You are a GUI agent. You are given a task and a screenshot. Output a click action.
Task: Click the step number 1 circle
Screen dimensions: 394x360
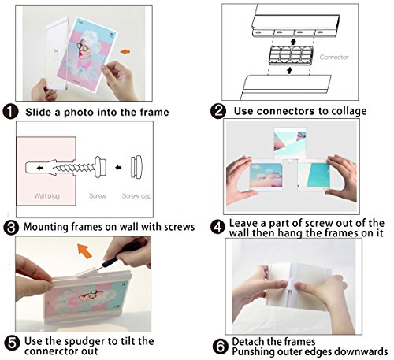pyautogui.click(x=10, y=111)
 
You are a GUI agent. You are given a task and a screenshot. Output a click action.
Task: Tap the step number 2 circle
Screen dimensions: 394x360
pyautogui.click(x=218, y=111)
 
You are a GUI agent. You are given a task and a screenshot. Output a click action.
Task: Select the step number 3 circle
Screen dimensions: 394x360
pyautogui.click(x=11, y=228)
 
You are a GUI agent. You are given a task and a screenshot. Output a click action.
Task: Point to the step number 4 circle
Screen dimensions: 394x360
pyautogui.click(x=217, y=227)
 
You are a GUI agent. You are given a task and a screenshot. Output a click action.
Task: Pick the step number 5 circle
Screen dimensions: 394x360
pyautogui.click(x=13, y=343)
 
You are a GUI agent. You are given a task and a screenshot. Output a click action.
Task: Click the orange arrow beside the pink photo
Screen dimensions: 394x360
pyautogui.click(x=125, y=51)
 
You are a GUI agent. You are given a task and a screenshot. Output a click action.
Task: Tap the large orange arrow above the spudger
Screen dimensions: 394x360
pyautogui.click(x=84, y=251)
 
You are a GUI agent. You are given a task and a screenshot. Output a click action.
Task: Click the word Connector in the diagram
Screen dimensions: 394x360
pyautogui.click(x=334, y=57)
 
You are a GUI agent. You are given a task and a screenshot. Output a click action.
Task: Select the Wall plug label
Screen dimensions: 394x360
pyautogui.click(x=47, y=196)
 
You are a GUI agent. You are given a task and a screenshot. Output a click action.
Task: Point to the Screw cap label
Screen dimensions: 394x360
pyautogui.click(x=136, y=196)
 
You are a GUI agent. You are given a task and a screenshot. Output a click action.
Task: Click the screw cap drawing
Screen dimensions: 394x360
pyautogui.click(x=136, y=167)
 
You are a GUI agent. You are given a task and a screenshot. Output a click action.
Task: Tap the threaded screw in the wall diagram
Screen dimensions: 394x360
pyautogui.click(x=80, y=167)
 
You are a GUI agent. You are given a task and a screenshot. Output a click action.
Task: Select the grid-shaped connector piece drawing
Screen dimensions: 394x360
pyautogui.click(x=291, y=55)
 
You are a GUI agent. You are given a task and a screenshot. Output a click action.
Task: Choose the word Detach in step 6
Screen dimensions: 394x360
pyautogui.click(x=247, y=342)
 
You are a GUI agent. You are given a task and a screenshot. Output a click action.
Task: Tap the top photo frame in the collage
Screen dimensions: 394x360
pyautogui.click(x=290, y=143)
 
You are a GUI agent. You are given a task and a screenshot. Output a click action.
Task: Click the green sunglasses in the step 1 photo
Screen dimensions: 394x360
pyautogui.click(x=83, y=46)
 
